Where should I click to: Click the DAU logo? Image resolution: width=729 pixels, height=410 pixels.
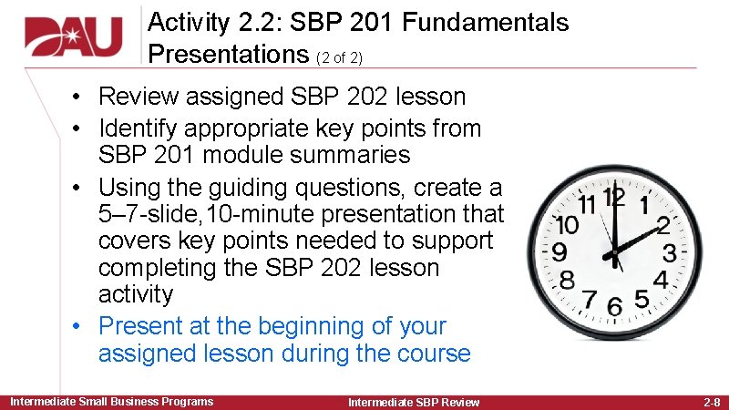(73, 36)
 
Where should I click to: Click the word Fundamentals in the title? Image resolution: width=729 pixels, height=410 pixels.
(492, 23)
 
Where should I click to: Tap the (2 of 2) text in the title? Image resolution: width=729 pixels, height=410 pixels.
(339, 57)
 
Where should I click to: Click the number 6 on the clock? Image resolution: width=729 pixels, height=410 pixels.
(614, 306)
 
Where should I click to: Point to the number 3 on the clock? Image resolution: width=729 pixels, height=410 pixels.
(670, 251)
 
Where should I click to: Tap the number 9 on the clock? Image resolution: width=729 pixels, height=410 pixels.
(560, 250)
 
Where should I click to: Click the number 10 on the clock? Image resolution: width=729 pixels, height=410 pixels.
(567, 223)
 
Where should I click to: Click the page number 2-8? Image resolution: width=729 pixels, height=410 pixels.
(711, 402)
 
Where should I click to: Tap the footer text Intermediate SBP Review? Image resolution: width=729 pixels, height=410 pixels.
(414, 402)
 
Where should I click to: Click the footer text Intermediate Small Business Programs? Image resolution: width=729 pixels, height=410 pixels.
(111, 402)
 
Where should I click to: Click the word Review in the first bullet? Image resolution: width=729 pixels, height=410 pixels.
(136, 97)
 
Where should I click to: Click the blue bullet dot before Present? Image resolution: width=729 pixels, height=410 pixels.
(79, 326)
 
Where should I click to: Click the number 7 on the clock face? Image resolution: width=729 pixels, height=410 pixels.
(589, 298)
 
